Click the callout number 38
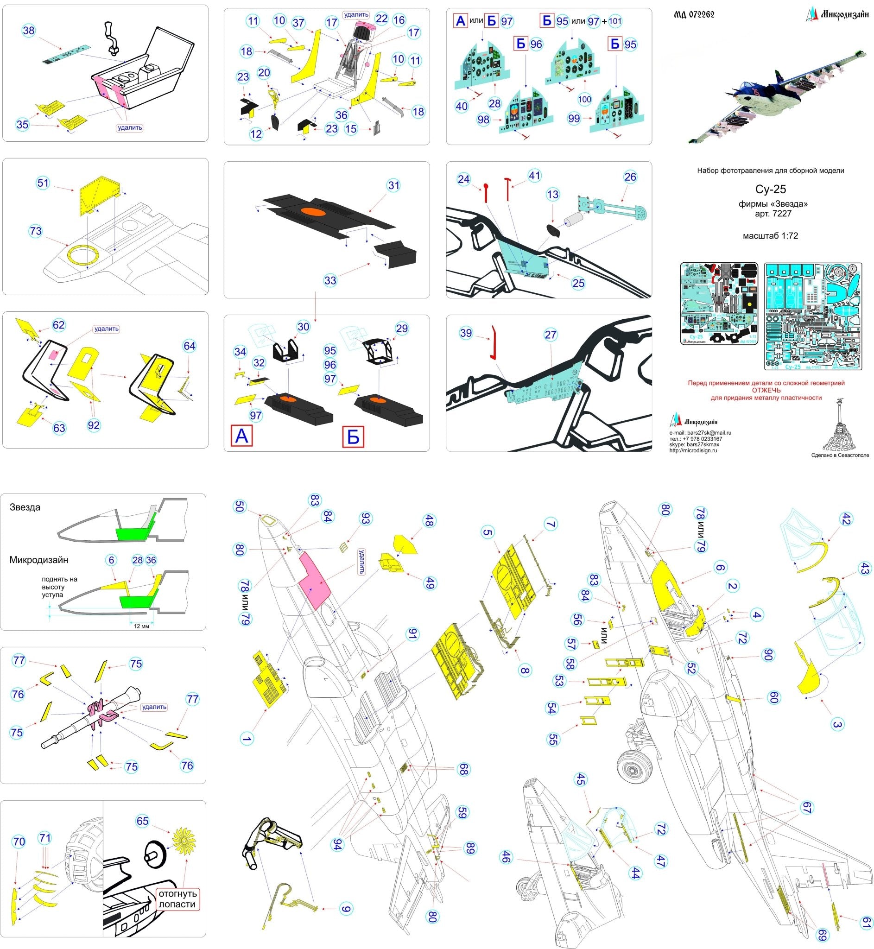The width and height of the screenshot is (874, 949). click(x=29, y=31)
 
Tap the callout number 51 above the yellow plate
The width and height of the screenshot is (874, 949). click(x=43, y=183)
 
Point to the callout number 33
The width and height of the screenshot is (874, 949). click(x=330, y=280)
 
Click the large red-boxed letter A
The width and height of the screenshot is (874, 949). click(x=241, y=436)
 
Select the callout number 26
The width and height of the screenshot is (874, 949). click(x=630, y=177)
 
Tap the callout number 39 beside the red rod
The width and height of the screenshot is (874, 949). click(x=466, y=333)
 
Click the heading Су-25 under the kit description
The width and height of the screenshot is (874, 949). click(x=770, y=189)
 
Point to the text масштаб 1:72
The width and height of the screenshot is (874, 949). click(x=770, y=236)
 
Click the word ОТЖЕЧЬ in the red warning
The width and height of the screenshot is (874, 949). click(x=766, y=391)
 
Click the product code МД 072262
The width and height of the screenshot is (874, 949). click(x=694, y=15)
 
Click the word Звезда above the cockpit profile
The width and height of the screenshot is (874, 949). click(x=25, y=507)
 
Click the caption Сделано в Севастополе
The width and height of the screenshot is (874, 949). click(x=839, y=455)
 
